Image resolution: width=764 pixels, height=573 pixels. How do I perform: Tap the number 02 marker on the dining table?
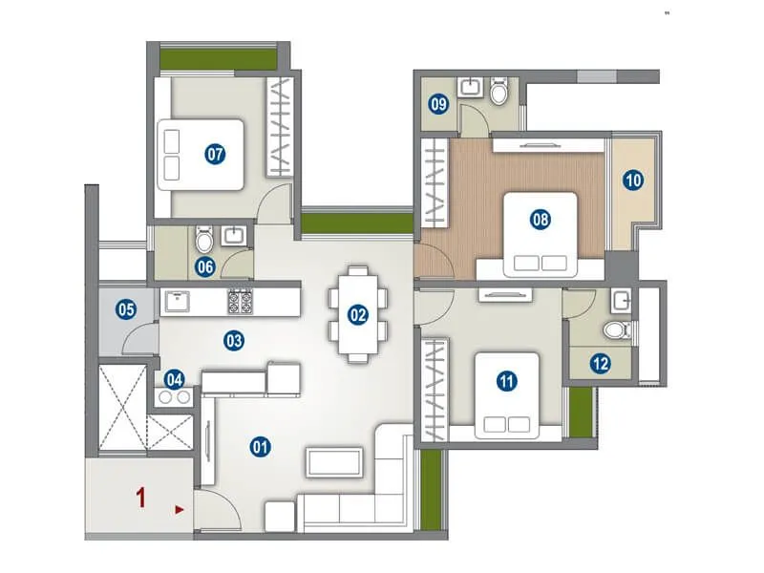tap(357, 313)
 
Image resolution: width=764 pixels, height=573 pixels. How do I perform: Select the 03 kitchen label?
tap(234, 339)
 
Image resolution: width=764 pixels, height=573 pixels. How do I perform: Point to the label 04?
tap(174, 378)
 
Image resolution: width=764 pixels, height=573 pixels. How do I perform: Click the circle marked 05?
tap(125, 308)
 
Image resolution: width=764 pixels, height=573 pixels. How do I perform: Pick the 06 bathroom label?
tap(204, 267)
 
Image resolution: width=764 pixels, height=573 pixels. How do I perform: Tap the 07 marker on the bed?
tap(215, 154)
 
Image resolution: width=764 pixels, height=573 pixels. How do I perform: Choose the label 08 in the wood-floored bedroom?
tap(541, 220)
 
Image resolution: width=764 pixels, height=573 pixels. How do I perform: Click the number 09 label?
tap(438, 104)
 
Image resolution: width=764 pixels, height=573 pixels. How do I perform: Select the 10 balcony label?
tap(633, 180)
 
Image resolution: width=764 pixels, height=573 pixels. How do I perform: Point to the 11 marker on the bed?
tap(506, 381)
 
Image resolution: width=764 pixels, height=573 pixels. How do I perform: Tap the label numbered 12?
tap(600, 363)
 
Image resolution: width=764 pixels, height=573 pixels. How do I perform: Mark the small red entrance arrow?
tap(180, 511)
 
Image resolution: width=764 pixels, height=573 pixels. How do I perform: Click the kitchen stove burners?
tap(240, 302)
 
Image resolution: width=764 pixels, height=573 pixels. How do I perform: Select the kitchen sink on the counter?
tap(179, 302)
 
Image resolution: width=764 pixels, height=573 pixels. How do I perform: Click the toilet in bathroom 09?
tap(499, 93)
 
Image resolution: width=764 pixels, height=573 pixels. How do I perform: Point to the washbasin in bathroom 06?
tap(233, 235)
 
